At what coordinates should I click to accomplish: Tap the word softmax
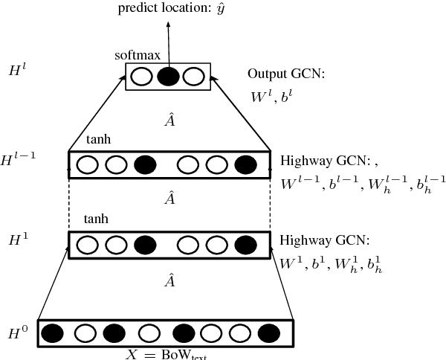[x=134, y=55]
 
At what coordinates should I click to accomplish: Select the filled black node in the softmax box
[x=168, y=76]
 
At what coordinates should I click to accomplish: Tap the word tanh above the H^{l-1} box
[x=98, y=140]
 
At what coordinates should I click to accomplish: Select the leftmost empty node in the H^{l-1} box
[x=88, y=164]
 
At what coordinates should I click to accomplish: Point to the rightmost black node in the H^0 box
[x=269, y=332]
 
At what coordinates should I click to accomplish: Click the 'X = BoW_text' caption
[x=167, y=353]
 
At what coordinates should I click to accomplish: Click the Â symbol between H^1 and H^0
[x=169, y=281]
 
